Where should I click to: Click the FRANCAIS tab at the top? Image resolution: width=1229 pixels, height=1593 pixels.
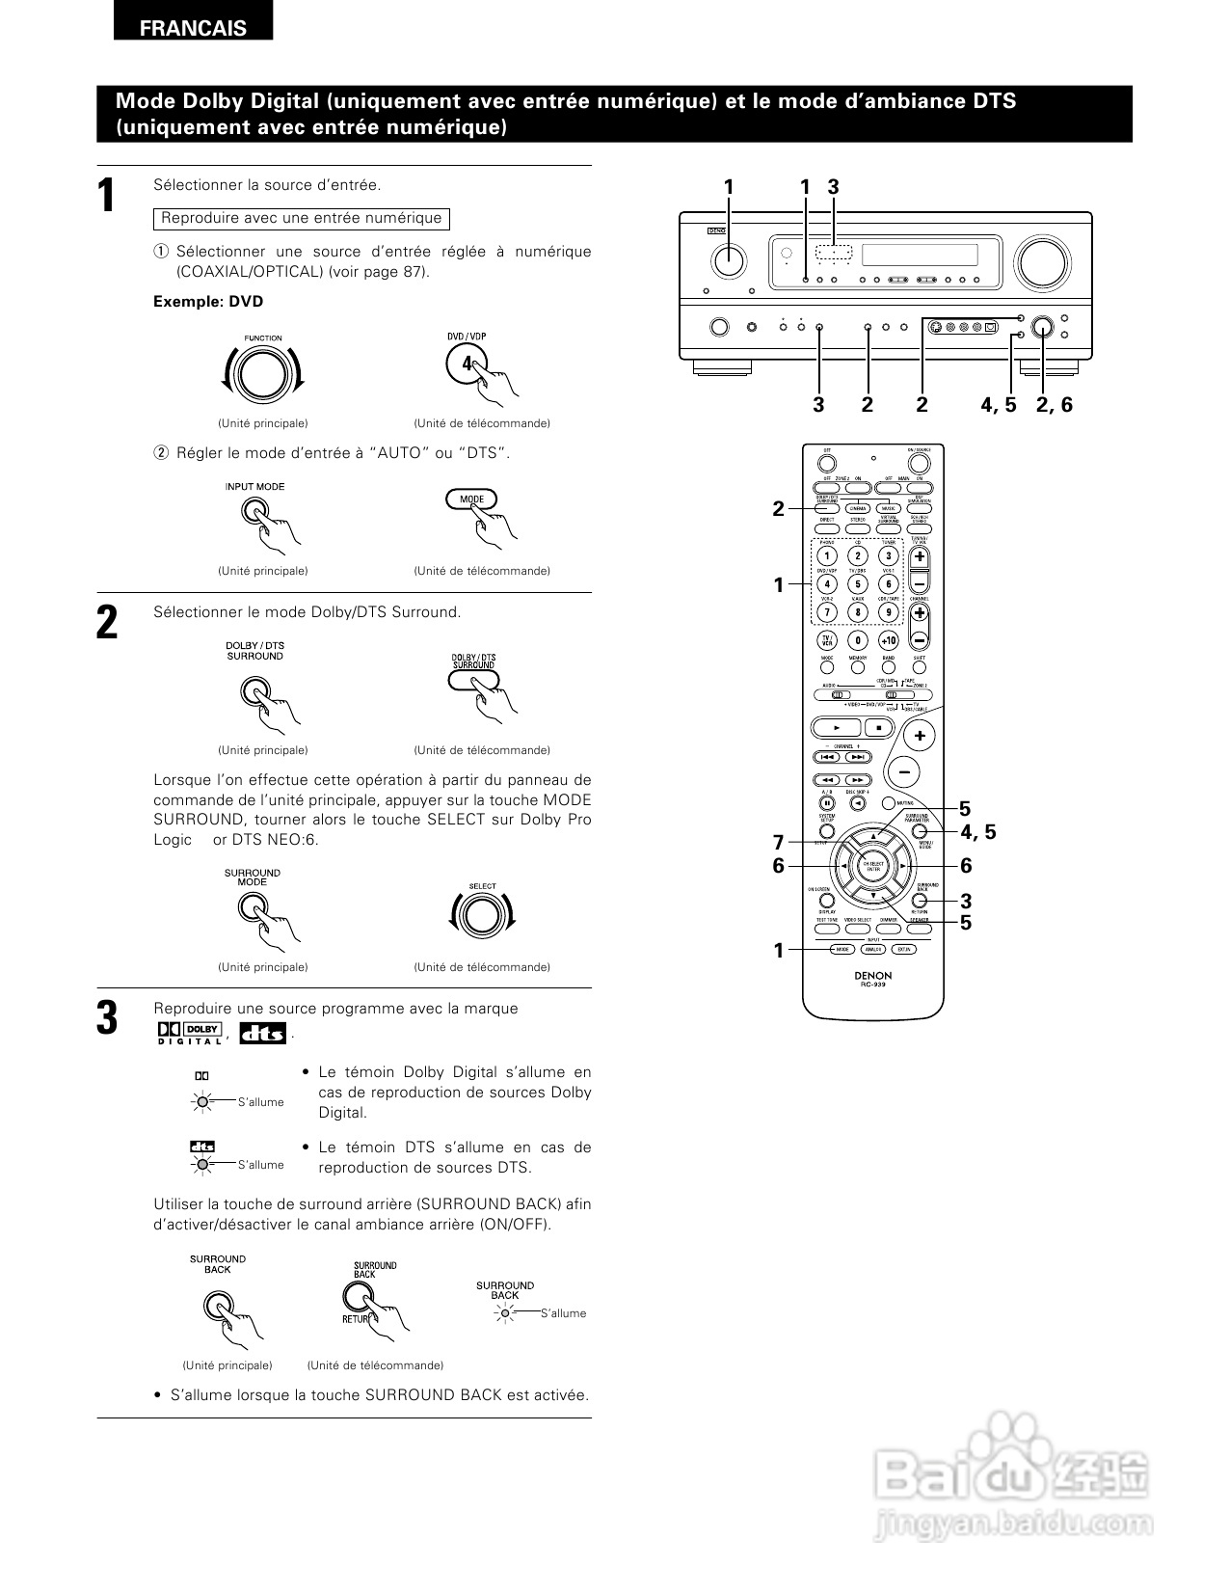193,28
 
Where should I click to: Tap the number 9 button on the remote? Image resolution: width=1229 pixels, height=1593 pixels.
888,612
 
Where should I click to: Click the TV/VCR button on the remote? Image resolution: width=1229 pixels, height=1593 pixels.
826,640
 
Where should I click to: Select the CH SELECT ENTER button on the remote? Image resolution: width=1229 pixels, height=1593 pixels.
872,866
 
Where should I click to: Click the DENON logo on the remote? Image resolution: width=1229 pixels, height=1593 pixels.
872,975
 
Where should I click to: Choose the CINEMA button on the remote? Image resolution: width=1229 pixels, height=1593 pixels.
857,508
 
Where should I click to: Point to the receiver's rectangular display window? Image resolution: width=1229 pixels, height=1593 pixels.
919,256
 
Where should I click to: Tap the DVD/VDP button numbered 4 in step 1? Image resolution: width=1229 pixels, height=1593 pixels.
467,364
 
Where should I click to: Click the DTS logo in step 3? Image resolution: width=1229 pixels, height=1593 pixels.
262,1033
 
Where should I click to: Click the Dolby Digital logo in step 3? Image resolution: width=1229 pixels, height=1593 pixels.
190,1033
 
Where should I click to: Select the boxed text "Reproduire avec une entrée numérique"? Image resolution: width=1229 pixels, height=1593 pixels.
302,219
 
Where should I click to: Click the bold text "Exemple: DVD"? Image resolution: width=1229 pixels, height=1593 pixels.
208,302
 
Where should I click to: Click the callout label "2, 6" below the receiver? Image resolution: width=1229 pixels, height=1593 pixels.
1054,405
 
